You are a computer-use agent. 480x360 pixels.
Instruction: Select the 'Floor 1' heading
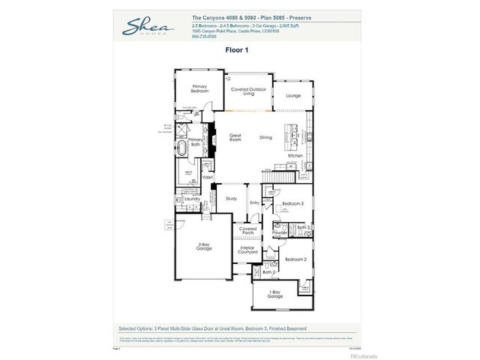(x=237, y=51)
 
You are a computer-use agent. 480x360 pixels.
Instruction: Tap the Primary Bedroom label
(x=199, y=88)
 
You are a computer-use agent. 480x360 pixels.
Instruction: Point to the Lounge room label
(x=293, y=95)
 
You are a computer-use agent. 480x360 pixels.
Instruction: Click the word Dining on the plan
(x=265, y=137)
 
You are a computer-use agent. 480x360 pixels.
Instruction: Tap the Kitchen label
(x=295, y=155)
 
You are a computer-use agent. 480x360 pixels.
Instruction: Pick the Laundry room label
(x=191, y=199)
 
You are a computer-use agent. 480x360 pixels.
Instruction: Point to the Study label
(x=232, y=198)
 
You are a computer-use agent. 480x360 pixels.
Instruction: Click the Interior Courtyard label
(x=247, y=250)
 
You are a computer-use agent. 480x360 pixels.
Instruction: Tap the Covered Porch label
(x=247, y=230)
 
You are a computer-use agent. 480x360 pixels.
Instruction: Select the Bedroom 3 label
(x=292, y=204)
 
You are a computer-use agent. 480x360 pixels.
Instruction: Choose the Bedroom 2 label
(x=295, y=259)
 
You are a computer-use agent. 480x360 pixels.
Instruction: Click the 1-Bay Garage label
(x=275, y=295)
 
